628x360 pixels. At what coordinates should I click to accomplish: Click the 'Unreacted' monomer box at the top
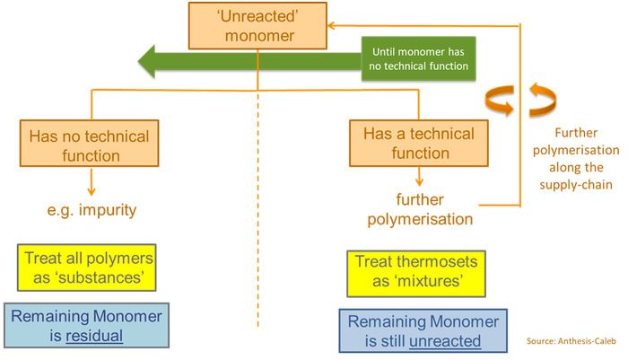[x=257, y=25]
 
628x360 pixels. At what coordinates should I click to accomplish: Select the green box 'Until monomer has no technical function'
[x=419, y=58]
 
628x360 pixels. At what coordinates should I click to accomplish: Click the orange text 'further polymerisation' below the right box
[x=432, y=208]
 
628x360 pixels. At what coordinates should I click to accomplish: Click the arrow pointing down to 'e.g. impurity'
[x=90, y=186]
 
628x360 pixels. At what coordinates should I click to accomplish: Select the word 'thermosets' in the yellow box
[x=434, y=262]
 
